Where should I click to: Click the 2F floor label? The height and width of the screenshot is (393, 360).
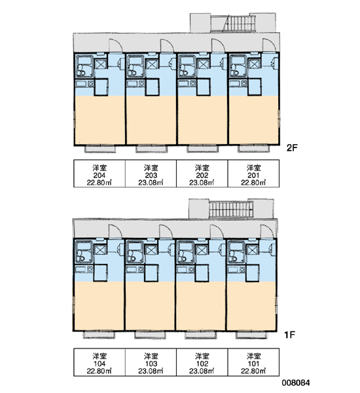coord(292,147)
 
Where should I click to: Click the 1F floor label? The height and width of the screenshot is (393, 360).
coord(289,334)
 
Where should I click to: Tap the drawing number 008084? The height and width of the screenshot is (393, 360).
coord(296,383)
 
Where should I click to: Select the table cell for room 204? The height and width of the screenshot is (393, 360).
coord(99,174)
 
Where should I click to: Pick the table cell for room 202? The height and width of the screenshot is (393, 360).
coord(202,174)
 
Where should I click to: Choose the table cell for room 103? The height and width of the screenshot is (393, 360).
coord(151,362)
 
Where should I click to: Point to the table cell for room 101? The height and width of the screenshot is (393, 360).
coord(253,362)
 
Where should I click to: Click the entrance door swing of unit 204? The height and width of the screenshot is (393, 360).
coord(116,46)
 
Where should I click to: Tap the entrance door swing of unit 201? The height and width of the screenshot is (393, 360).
coord(270,45)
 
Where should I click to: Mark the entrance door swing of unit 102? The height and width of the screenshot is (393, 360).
coord(217,231)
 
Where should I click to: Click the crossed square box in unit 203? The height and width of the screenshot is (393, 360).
coord(152,64)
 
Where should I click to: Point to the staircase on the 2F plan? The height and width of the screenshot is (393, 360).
coord(240,23)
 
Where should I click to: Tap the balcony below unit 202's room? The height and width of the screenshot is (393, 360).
coord(202,149)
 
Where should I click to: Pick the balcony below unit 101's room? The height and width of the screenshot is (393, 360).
coord(251,335)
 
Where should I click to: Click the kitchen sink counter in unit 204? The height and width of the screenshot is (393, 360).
coord(84,83)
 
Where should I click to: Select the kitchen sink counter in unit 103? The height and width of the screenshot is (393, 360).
coord(135,270)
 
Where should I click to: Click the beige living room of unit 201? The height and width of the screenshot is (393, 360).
coord(253,120)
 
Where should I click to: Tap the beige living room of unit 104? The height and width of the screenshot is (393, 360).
coord(99,306)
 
